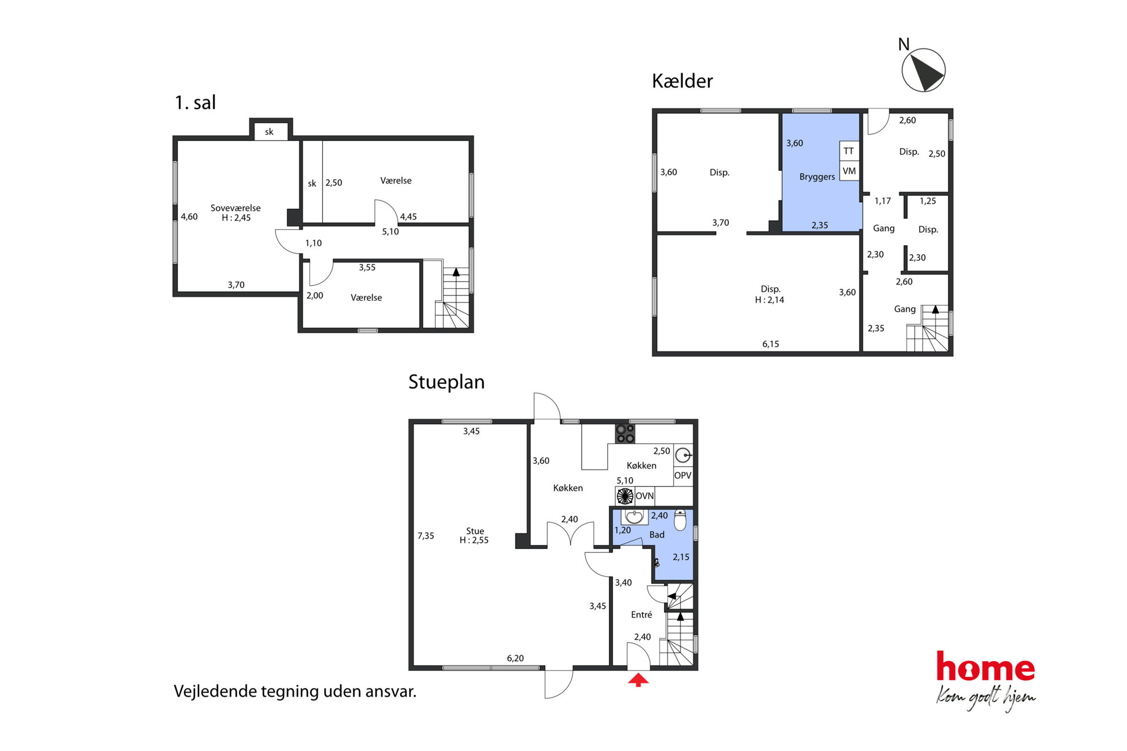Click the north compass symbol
[x=923, y=70]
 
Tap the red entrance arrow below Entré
[x=638, y=679]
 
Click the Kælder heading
[x=682, y=81]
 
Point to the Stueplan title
[x=446, y=382]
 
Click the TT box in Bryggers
[x=849, y=151]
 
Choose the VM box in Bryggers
[x=849, y=171]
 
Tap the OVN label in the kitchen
[x=645, y=496]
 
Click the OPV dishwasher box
[x=683, y=476]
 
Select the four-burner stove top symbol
[x=625, y=434]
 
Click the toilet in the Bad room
[x=680, y=519]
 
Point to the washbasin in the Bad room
[x=634, y=517]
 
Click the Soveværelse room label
[x=236, y=208]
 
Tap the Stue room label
[x=475, y=531]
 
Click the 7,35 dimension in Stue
[x=426, y=536]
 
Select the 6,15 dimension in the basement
[x=771, y=344]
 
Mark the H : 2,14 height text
[x=770, y=300]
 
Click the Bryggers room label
[x=817, y=177]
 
